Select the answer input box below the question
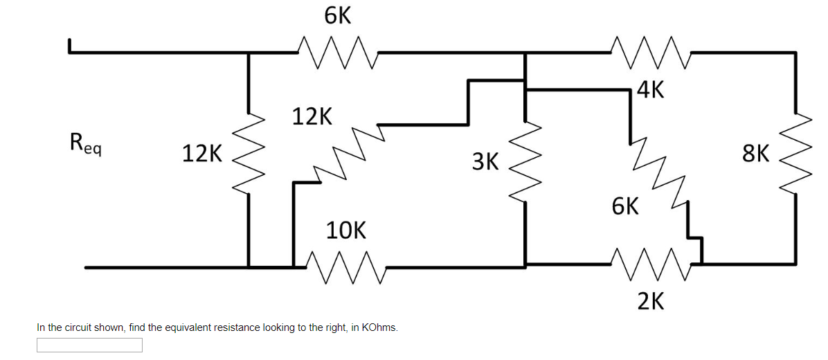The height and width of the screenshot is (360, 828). click(x=89, y=345)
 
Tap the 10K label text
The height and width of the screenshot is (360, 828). click(x=346, y=231)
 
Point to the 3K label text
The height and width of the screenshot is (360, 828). click(x=485, y=162)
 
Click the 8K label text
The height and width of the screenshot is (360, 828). click(x=755, y=153)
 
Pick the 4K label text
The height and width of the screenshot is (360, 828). click(x=651, y=90)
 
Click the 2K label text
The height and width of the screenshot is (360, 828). click(x=651, y=301)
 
